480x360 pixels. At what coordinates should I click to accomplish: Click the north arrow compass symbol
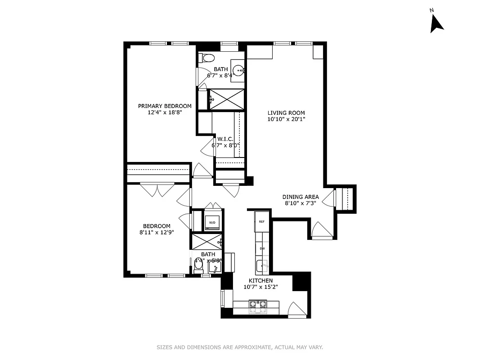(x=436, y=23)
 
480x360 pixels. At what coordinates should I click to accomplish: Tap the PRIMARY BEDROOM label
(x=165, y=106)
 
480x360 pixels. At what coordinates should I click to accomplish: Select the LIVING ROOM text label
(x=286, y=113)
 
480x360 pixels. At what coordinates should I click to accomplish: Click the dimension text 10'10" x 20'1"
(x=286, y=119)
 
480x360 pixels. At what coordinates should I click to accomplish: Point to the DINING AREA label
(x=301, y=197)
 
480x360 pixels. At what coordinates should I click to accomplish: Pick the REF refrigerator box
(x=261, y=221)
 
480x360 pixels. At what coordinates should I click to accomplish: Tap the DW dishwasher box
(x=261, y=248)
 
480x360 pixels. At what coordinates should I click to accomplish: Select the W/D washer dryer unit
(x=211, y=222)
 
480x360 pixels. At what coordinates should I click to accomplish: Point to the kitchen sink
(x=262, y=266)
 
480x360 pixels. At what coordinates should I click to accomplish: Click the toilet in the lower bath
(x=198, y=267)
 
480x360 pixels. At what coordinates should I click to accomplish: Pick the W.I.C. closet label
(x=225, y=139)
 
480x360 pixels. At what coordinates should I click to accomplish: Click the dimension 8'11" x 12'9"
(x=157, y=232)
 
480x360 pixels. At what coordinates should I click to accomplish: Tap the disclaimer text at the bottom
(x=240, y=347)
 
